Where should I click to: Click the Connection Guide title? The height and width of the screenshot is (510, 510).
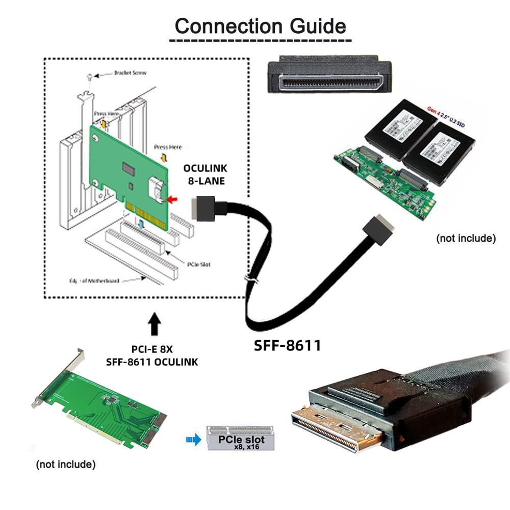(260, 25)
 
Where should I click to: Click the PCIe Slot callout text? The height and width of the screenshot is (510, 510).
(198, 265)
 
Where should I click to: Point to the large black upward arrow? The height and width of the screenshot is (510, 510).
(154, 324)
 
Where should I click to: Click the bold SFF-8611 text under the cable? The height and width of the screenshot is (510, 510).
(288, 345)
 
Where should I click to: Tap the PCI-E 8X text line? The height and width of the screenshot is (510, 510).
(152, 350)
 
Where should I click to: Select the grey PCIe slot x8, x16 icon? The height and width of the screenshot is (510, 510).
(240, 437)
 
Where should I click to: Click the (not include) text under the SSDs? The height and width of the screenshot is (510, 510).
(466, 238)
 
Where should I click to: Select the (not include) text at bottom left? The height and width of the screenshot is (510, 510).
(65, 465)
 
